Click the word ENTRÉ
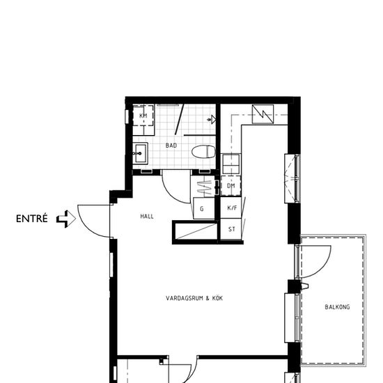[x=32, y=219]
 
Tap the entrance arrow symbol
[x=66, y=219]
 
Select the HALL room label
[x=147, y=217]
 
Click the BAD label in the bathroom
[x=171, y=146]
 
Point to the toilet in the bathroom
[x=203, y=152]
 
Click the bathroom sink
[x=141, y=153]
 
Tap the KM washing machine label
[x=143, y=116]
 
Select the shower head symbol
[x=212, y=120]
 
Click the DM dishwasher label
[x=230, y=186]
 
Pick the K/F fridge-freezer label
[x=232, y=208]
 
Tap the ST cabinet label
[x=232, y=229]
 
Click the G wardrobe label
[x=202, y=209]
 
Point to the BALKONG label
[x=337, y=307]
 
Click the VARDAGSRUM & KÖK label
[x=194, y=298]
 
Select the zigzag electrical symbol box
[x=263, y=114]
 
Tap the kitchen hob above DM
[x=230, y=164]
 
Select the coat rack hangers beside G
[x=204, y=188]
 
